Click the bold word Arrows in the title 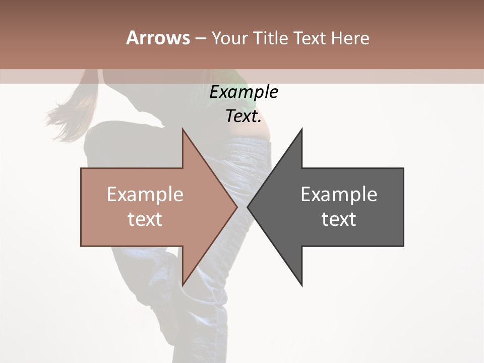pyautogui.click(x=158, y=38)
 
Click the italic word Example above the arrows pyautogui.click(x=244, y=92)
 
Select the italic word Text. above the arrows pyautogui.click(x=244, y=116)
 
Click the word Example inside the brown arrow pyautogui.click(x=145, y=195)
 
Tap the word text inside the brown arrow pyautogui.click(x=145, y=219)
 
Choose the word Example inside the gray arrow pyautogui.click(x=339, y=195)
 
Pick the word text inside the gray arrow pyautogui.click(x=339, y=219)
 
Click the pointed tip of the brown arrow pyautogui.click(x=236, y=207)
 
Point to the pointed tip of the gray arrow pyautogui.click(x=248, y=207)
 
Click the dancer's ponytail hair pyautogui.click(x=71, y=113)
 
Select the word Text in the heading pyautogui.click(x=311, y=38)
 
